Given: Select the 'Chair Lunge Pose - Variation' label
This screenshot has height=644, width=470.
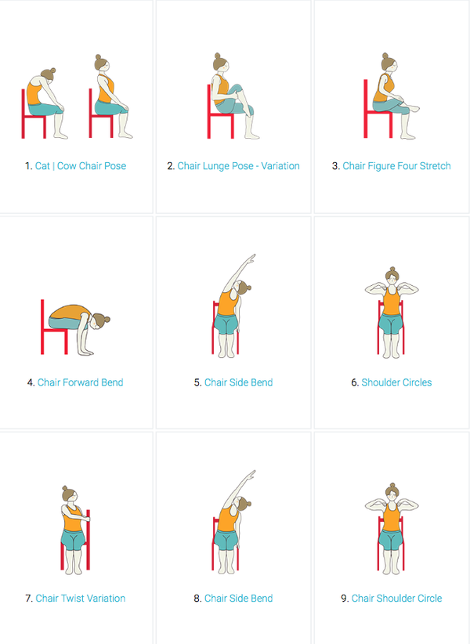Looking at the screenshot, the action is pos(238,166).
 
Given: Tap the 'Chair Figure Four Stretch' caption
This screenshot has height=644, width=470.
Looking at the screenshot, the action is pos(396,166).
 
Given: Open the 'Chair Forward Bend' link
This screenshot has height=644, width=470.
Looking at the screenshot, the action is pos(81,382).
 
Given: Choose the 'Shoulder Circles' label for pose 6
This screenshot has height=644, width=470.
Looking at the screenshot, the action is pos(396,382).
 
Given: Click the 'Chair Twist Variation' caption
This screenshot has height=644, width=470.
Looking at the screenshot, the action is pos(81,598).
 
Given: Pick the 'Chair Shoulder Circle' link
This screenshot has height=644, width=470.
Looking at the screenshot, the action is pos(396,598).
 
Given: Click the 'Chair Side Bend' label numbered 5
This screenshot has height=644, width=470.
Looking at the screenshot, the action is pos(238,382).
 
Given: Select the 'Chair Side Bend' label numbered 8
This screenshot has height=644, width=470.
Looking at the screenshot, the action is pos(238,598).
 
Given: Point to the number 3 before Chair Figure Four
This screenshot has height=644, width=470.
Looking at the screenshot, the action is pos(335,166).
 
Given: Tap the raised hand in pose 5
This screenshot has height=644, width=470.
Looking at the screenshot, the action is pos(251,259).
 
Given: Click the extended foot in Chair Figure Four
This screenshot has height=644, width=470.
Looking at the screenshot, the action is pos(414,109).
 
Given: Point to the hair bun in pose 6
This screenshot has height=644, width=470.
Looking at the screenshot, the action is pos(392,270).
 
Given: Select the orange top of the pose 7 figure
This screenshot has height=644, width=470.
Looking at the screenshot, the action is pos(74,518).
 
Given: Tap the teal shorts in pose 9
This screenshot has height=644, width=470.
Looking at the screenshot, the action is pos(392,540).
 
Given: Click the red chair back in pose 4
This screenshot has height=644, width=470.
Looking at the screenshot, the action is pos(42,327).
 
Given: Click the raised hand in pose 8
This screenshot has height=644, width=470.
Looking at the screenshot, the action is pos(251,475).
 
